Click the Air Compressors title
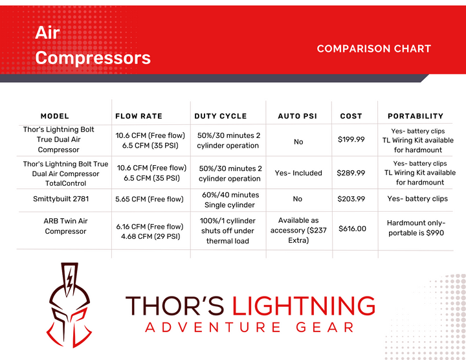93,45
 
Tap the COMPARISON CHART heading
373,49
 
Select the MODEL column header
54,117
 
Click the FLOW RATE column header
139,117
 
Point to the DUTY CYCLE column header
221,117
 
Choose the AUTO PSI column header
298,117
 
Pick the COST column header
351,117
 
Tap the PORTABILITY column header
416,117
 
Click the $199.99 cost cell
351,139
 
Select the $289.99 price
351,173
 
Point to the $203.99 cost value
351,199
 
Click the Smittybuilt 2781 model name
65,199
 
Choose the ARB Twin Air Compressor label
65,226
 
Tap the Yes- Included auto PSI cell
298,173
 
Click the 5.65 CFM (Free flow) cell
150,199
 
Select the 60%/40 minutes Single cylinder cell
230,199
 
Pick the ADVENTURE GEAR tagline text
250,328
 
